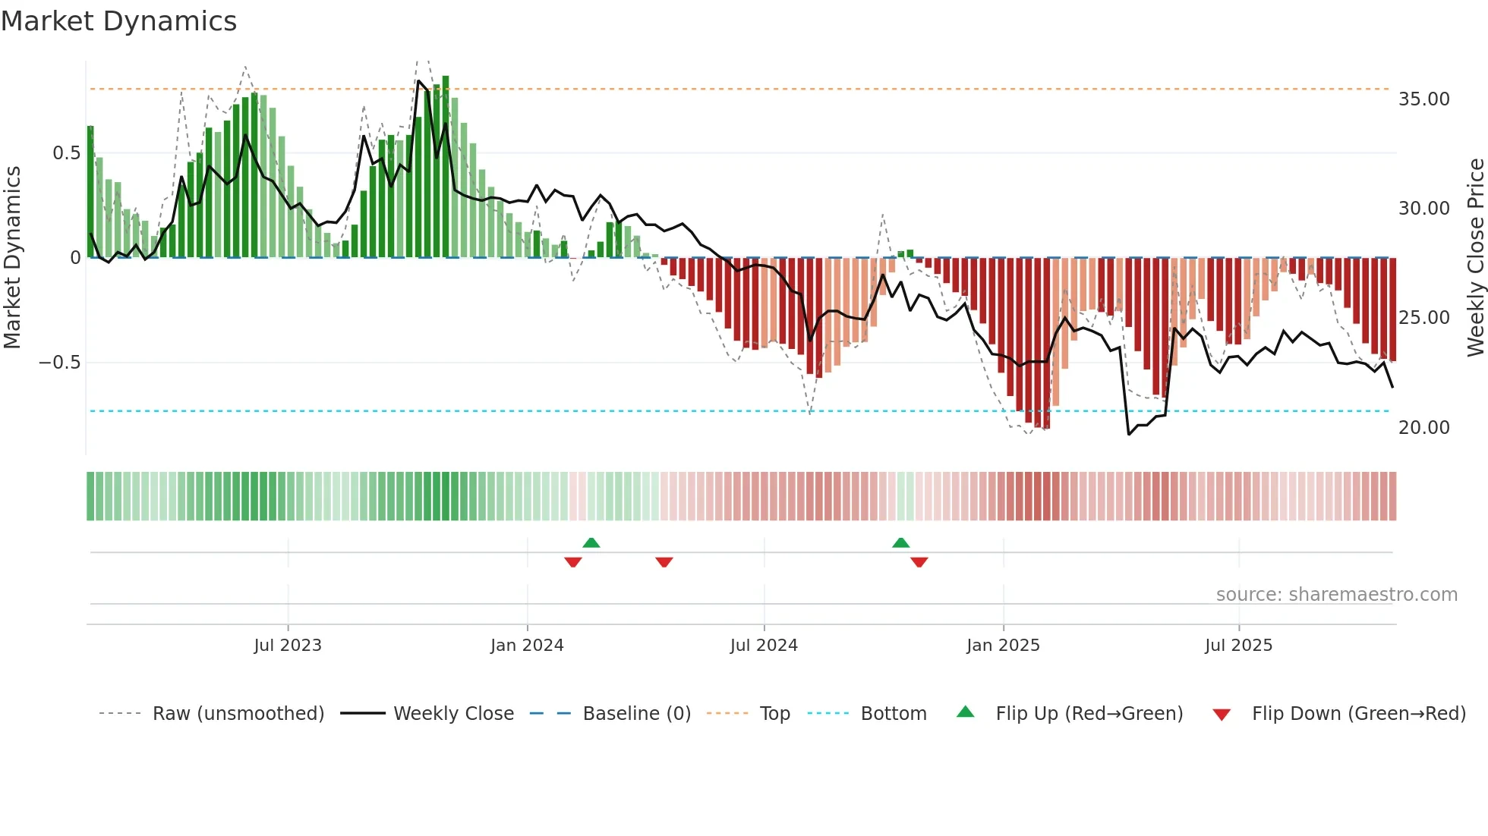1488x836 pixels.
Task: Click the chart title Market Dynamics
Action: click(119, 21)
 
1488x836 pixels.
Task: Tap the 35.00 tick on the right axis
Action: click(1423, 99)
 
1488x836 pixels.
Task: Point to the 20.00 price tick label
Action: click(1423, 428)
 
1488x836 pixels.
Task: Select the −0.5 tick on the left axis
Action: click(59, 363)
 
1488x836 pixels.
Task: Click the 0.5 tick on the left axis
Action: click(66, 153)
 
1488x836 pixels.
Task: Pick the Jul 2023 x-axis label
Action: click(288, 646)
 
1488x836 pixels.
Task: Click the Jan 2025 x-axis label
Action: click(1003, 646)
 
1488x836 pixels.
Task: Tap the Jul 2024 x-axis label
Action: click(764, 646)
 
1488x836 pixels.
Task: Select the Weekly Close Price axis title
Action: click(1475, 257)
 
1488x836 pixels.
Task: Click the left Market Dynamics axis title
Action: click(12, 257)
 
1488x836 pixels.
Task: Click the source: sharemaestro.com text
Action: click(1336, 595)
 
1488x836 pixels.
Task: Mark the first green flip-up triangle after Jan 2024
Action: click(591, 542)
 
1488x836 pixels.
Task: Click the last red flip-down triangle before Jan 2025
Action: click(919, 562)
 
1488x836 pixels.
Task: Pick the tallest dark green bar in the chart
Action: click(446, 167)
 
